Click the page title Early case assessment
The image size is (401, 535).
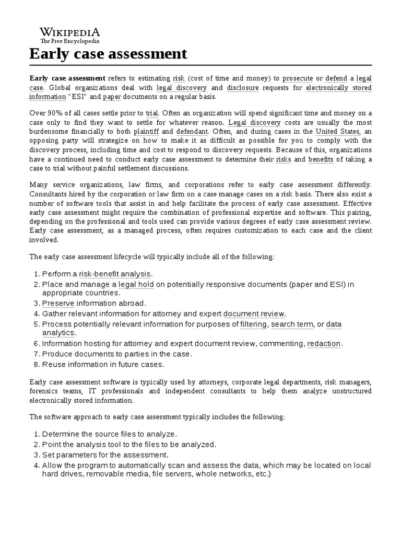[x=108, y=54]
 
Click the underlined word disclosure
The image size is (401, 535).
[x=243, y=88]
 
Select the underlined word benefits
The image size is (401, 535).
[x=321, y=159]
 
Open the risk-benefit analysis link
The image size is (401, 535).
[x=115, y=274]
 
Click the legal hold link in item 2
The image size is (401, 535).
[x=136, y=284]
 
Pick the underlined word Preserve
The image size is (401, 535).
[x=58, y=304]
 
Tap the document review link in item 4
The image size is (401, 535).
[x=254, y=313]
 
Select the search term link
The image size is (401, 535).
[x=292, y=324]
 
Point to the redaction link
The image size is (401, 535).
[x=324, y=343]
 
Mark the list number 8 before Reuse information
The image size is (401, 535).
[x=36, y=364]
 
